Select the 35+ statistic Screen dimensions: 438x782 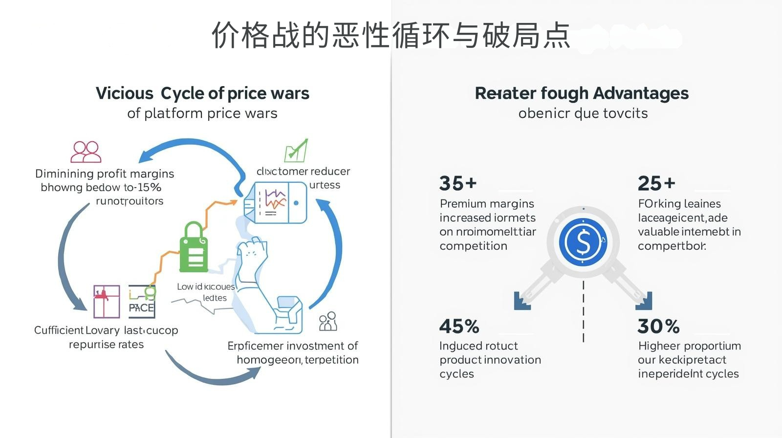457,183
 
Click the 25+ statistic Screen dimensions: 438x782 656,183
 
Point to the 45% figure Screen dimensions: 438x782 459,326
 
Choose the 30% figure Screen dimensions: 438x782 658,326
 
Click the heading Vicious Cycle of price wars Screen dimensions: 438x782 202,93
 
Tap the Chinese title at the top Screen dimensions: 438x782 391,35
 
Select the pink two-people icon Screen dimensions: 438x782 86,152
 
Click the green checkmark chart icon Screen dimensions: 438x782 296,151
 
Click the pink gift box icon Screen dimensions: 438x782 107,301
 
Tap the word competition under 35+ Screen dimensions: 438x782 473,246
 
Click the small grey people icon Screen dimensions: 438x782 328,322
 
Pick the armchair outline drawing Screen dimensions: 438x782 288,313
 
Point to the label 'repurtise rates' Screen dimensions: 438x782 106,345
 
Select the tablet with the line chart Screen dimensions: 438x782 276,202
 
